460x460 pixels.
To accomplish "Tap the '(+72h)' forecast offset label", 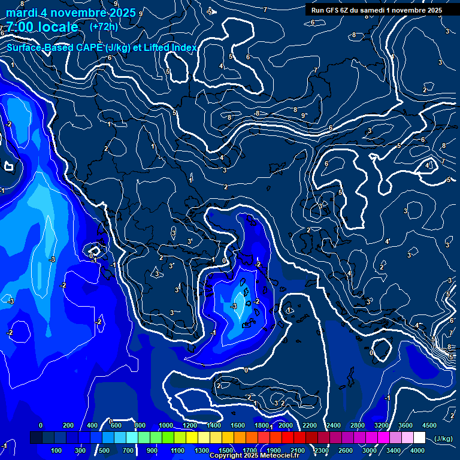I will (104, 27).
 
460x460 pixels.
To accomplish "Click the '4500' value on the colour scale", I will (429, 425).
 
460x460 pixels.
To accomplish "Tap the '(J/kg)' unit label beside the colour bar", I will (443, 438).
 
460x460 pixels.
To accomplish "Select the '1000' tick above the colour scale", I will (165, 425).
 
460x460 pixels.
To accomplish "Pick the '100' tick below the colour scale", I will (57, 450).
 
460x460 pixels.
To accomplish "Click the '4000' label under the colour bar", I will (417, 450).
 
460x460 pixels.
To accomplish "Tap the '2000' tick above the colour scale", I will (286, 425).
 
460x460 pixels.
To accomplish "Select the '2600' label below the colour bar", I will (346, 450).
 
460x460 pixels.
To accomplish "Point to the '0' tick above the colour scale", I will (41, 425).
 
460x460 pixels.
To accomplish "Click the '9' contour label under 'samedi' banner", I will (304, 115).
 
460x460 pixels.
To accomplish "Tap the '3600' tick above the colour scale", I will (405, 425).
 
